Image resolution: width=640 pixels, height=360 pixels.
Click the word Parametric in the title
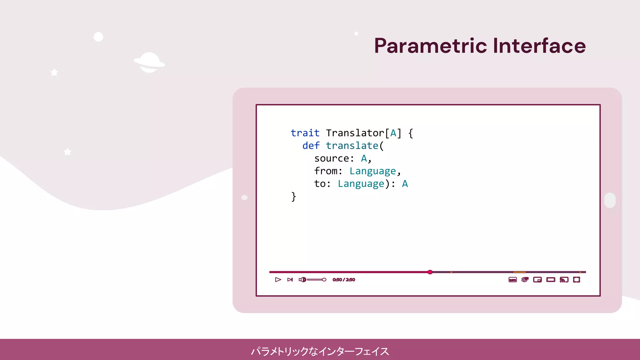point(430,46)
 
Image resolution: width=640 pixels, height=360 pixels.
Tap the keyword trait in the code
point(305,133)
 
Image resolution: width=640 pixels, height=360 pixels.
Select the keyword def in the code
point(311,146)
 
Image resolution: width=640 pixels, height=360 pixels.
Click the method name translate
point(352,146)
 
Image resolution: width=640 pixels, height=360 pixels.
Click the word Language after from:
point(372,171)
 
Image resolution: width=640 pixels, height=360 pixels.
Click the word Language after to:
point(361,184)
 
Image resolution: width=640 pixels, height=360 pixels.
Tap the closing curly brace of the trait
point(293,197)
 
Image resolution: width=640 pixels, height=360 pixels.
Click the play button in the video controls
point(278,280)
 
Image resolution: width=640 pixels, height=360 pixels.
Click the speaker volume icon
point(302,280)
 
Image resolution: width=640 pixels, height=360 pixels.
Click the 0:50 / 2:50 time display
point(343,280)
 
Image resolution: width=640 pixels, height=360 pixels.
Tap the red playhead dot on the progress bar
point(430,272)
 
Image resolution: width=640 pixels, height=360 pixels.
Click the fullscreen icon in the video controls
point(577,280)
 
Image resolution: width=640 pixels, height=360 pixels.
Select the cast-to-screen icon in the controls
point(564,280)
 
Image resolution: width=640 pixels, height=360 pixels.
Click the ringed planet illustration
point(149,62)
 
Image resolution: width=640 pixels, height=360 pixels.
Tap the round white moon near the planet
point(98,37)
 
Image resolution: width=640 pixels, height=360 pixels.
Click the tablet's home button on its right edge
point(610,200)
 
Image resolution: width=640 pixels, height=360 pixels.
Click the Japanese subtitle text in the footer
point(320,351)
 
